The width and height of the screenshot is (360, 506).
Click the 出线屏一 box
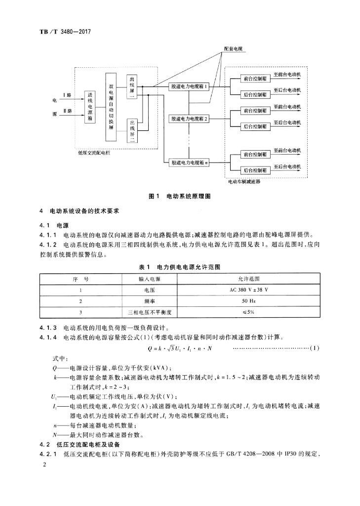pyautogui.click(x=132, y=87)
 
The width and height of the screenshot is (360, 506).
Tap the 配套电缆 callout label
pyautogui.click(x=232, y=49)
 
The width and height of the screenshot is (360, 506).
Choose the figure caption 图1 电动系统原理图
pyautogui.click(x=180, y=196)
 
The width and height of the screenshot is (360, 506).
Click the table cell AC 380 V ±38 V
pyautogui.click(x=248, y=290)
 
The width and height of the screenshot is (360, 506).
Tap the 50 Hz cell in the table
pyautogui.click(x=248, y=301)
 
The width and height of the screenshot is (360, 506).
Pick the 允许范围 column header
pyautogui.click(x=248, y=279)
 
